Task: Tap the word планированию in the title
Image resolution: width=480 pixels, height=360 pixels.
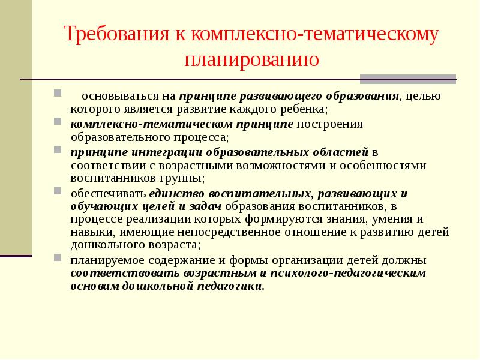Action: point(252,60)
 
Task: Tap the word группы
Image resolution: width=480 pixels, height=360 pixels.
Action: point(182,178)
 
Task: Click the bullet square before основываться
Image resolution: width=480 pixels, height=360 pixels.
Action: point(57,94)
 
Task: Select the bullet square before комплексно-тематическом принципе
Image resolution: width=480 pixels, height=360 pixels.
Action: point(57,122)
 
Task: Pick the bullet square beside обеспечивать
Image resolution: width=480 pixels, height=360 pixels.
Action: point(57,191)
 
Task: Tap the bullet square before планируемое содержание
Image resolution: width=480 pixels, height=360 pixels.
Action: point(57,259)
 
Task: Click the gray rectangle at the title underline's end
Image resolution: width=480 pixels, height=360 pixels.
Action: point(407,79)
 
